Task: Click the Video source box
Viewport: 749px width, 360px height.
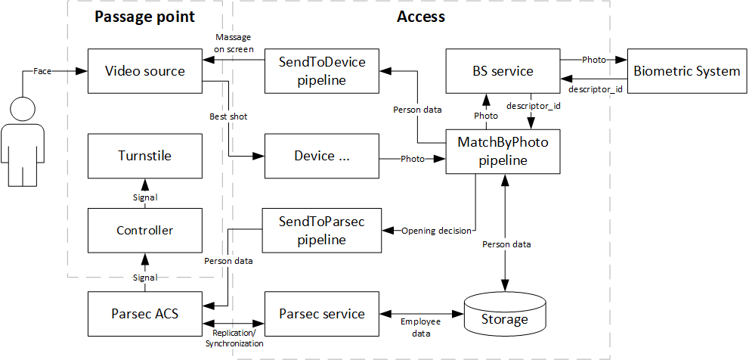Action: (144, 72)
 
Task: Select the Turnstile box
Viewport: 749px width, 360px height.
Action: (144, 156)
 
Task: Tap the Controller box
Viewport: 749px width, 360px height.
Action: (144, 230)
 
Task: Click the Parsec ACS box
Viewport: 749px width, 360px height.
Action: (144, 313)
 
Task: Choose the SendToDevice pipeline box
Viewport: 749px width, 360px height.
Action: (321, 71)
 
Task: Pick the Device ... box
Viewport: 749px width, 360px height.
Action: (321, 156)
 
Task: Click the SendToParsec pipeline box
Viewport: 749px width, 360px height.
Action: (321, 231)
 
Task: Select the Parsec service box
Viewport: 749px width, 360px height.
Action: (321, 313)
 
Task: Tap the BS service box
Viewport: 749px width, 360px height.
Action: (503, 71)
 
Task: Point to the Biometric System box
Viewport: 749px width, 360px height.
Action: (686, 71)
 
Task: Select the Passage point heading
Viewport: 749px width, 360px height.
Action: (144, 17)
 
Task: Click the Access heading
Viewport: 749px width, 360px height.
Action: (421, 17)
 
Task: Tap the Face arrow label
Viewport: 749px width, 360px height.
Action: (43, 71)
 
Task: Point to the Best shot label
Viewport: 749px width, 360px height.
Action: (228, 117)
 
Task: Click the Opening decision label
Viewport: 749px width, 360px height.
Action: (437, 230)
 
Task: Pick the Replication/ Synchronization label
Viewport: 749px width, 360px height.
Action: (234, 338)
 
